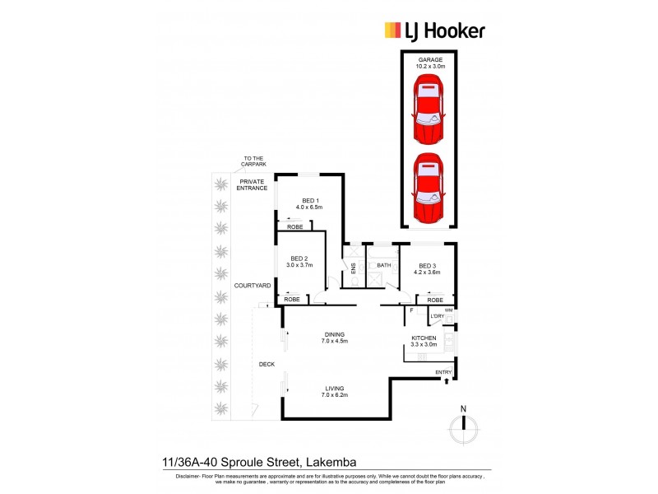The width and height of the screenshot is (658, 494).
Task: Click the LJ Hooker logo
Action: [x=434, y=30]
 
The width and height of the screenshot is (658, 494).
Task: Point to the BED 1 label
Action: [x=310, y=203]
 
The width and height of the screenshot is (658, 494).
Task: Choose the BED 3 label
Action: [x=427, y=268]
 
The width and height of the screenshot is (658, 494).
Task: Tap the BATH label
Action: [x=383, y=265]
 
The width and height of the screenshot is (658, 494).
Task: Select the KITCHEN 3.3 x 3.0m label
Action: [x=424, y=342]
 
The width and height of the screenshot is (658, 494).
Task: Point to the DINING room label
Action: [x=333, y=338]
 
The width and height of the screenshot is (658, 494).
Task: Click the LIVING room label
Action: [x=333, y=391]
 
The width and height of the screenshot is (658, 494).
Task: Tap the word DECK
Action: [x=266, y=364]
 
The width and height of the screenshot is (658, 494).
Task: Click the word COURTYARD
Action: [x=253, y=285]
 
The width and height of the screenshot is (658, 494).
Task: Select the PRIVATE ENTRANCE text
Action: [x=253, y=184]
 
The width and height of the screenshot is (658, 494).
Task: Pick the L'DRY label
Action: [x=437, y=317]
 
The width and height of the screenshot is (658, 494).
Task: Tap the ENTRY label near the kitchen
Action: [x=443, y=373]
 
